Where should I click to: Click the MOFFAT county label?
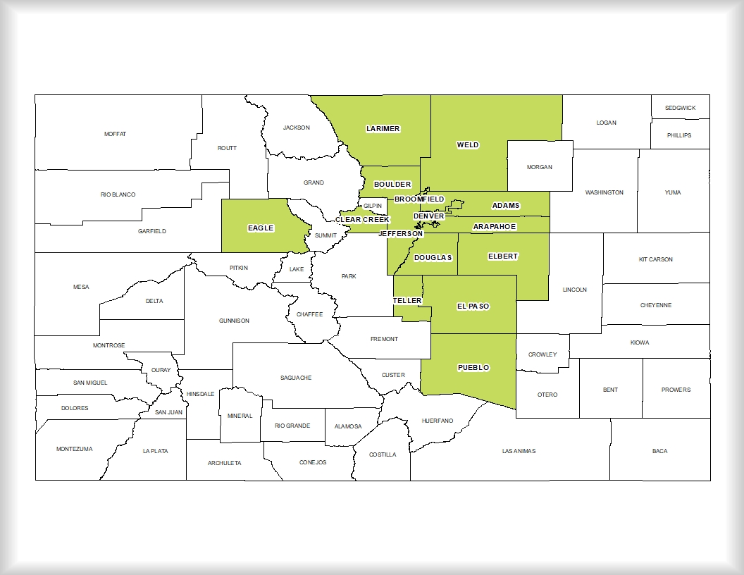click(115, 134)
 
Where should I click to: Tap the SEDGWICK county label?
click(679, 108)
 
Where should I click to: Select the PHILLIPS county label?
click(679, 135)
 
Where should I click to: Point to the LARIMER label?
click(383, 129)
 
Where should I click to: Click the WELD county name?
click(467, 145)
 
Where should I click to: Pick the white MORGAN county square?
click(540, 166)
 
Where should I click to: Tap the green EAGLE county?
click(261, 227)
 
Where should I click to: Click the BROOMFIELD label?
click(419, 199)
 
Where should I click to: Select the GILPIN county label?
click(373, 206)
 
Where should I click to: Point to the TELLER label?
click(407, 301)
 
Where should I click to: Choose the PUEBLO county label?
click(473, 368)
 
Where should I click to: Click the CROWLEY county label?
click(542, 354)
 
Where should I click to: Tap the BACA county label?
click(659, 451)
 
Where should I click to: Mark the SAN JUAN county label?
click(168, 412)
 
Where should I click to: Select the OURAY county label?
click(161, 370)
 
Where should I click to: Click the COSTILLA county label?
click(383, 455)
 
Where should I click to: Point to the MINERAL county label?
click(240, 416)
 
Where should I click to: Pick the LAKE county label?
click(297, 269)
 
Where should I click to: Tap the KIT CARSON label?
click(655, 259)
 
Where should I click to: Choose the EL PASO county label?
click(473, 307)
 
